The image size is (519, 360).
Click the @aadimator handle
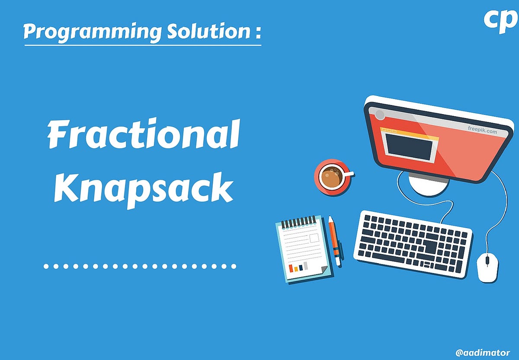482,353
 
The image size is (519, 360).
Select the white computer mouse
487,267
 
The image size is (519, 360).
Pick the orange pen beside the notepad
334,240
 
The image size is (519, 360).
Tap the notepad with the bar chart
303,249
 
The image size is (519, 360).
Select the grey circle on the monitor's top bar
380,115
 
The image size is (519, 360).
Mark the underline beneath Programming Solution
143,45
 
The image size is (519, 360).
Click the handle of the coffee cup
349,174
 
